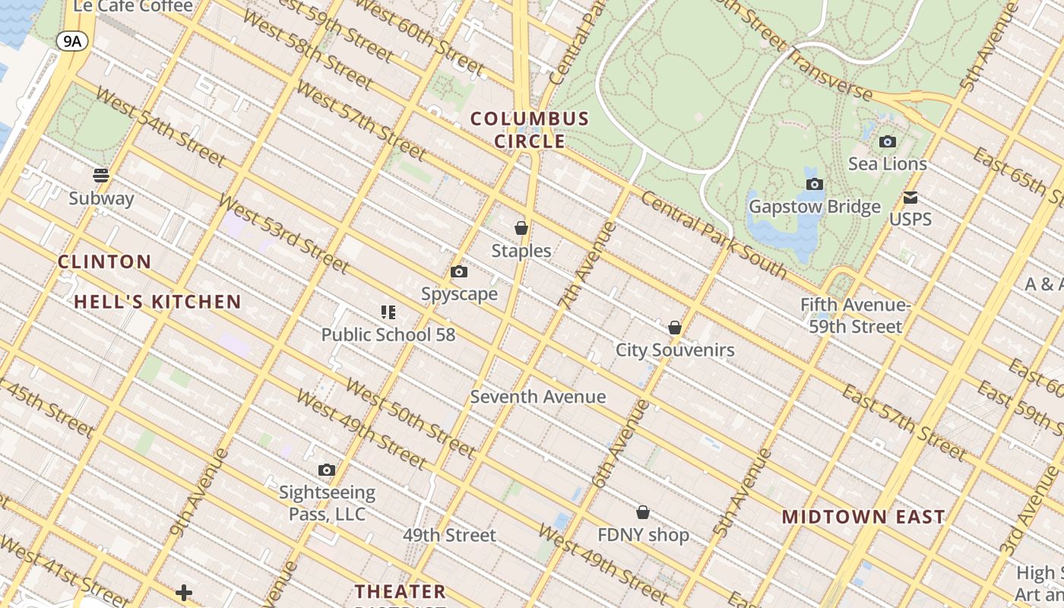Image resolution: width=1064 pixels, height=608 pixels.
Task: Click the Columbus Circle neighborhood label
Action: click(530, 130)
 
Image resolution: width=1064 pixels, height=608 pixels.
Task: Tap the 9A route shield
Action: click(72, 41)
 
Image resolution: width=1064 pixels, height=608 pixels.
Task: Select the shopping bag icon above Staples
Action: click(521, 227)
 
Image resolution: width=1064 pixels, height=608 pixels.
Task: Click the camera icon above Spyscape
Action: click(459, 271)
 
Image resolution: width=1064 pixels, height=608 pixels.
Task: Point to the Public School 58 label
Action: click(388, 334)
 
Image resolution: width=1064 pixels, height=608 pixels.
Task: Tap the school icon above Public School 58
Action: click(388, 312)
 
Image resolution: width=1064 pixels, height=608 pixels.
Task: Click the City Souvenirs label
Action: click(675, 350)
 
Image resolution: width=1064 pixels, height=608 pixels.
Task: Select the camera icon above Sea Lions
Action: click(887, 141)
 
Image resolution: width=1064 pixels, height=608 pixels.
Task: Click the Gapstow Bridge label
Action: click(815, 207)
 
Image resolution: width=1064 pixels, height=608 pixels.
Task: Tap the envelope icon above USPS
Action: click(910, 198)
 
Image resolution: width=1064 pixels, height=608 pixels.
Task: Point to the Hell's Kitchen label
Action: click(157, 302)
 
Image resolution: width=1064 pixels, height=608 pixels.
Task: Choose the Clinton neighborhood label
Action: click(105, 262)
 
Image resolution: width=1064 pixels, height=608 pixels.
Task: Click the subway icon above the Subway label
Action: click(101, 176)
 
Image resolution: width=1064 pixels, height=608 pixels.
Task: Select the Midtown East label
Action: click(863, 517)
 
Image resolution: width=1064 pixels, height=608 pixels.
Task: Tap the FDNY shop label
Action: click(643, 535)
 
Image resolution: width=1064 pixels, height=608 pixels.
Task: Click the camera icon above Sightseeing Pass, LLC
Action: click(327, 470)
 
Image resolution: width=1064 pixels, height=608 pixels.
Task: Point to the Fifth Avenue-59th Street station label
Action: click(855, 316)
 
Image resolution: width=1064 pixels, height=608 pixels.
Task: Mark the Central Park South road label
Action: click(714, 233)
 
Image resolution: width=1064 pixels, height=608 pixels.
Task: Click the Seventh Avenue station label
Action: click(538, 397)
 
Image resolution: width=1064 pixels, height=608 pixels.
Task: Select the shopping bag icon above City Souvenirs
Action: click(675, 328)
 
